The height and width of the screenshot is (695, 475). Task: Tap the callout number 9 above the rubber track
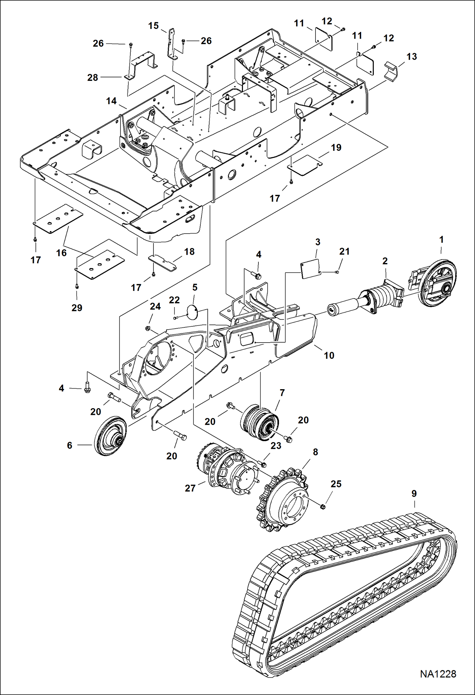414,493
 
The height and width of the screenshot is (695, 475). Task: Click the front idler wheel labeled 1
438,283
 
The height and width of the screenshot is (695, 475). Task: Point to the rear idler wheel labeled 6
110,436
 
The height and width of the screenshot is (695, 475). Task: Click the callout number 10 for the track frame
329,355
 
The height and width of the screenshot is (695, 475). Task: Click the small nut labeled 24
147,328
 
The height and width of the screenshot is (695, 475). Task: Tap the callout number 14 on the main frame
111,101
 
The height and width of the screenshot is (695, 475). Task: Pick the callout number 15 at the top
153,26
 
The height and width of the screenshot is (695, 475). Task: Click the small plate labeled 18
163,262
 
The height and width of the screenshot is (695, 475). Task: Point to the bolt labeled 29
77,286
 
